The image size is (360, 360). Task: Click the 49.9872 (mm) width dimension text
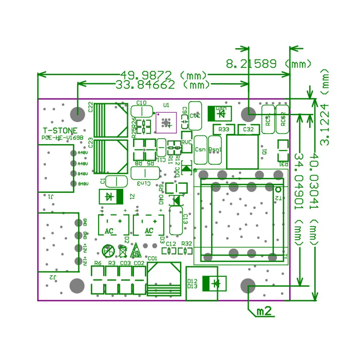pyautogui.click(x=163, y=75)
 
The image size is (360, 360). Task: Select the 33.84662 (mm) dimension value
pyautogui.click(x=163, y=85)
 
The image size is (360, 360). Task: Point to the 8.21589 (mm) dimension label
pyautogui.click(x=269, y=64)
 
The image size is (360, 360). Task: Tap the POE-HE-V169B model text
pyautogui.click(x=62, y=138)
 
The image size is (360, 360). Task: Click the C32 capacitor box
pyautogui.click(x=248, y=129)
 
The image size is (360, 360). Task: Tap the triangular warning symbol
pyautogui.click(x=136, y=250)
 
